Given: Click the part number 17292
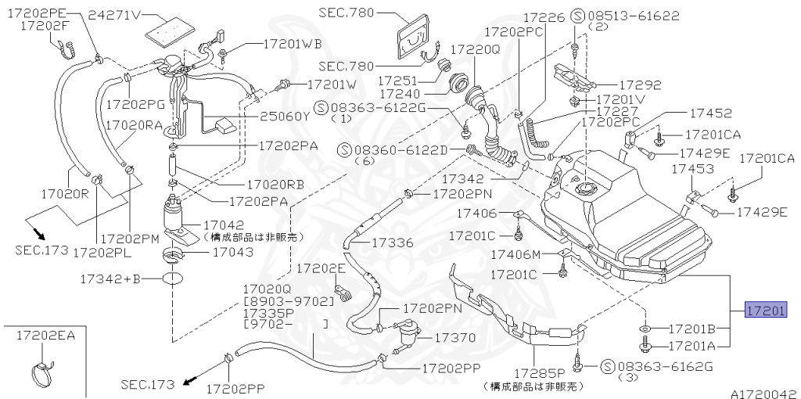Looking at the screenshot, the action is pyautogui.click(x=641, y=85).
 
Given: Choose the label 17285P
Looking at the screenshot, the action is pyautogui.click(x=539, y=372).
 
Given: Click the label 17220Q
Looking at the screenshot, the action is pyautogui.click(x=478, y=49).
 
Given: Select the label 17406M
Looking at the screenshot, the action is pyautogui.click(x=515, y=254).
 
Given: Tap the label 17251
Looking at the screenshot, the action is pyautogui.click(x=400, y=81).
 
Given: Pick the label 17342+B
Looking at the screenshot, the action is pyautogui.click(x=110, y=278).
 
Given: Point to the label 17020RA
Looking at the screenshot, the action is pyautogui.click(x=134, y=124).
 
